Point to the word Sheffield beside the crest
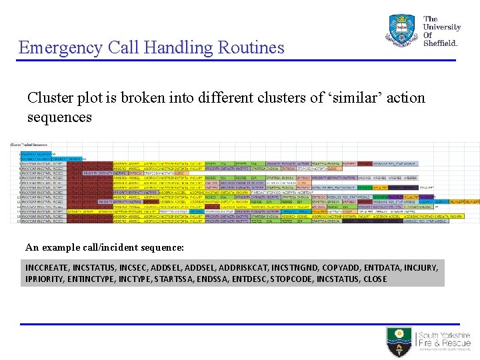(x=441, y=43)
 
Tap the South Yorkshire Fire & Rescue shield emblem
(x=400, y=341)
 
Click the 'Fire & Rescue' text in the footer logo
(x=444, y=344)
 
